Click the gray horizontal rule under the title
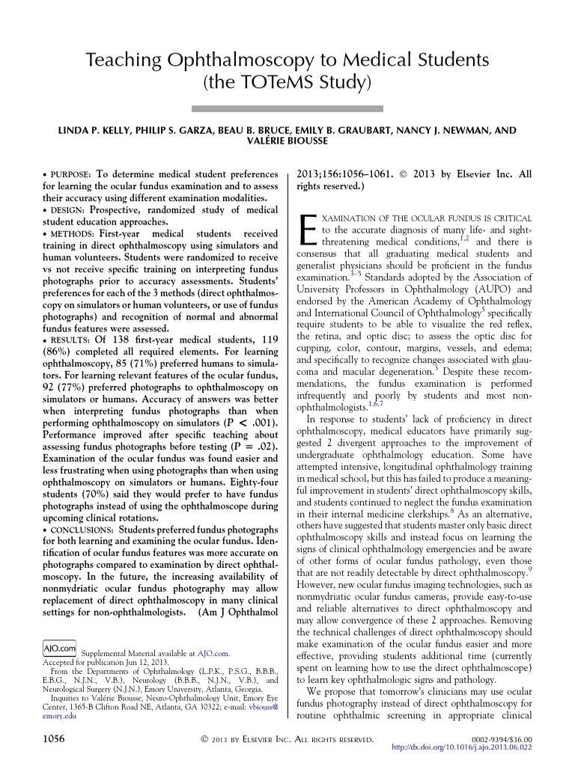(x=287, y=108)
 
